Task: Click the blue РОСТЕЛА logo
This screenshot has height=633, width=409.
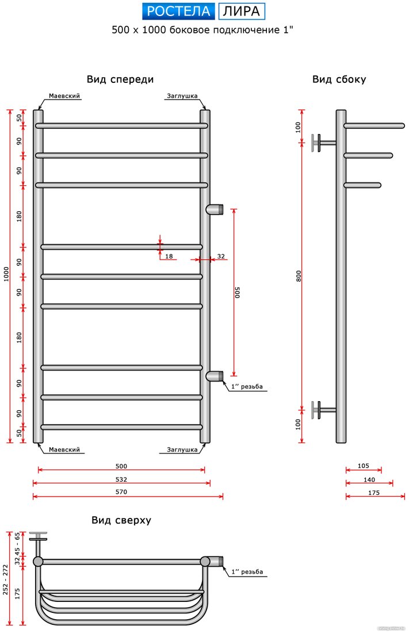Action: click(x=178, y=12)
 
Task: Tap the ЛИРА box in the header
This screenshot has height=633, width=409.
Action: click(x=242, y=12)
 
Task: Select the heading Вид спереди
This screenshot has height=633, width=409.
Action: click(x=120, y=79)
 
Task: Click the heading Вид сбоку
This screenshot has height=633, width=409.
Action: click(x=339, y=79)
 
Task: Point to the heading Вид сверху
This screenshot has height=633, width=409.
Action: click(x=121, y=520)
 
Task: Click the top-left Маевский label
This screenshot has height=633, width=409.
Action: click(x=64, y=96)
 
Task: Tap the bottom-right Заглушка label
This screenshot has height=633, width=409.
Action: click(x=182, y=449)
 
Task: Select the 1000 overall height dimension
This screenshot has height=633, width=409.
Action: click(x=6, y=274)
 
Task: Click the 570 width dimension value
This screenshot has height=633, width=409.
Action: click(x=121, y=491)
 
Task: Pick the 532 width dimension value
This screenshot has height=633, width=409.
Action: click(x=121, y=479)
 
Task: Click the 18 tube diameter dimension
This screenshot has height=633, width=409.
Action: click(x=169, y=256)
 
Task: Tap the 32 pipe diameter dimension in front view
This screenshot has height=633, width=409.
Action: click(x=221, y=256)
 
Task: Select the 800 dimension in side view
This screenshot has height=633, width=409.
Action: click(x=299, y=276)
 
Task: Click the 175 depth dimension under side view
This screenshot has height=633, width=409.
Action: click(x=374, y=493)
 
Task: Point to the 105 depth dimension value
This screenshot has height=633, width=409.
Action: click(x=364, y=466)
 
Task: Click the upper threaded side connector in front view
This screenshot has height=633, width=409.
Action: click(x=215, y=209)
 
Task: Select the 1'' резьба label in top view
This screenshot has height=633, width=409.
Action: click(x=247, y=571)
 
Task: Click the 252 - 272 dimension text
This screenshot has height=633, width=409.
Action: click(x=6, y=579)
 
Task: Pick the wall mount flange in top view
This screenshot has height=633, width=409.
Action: click(x=38, y=536)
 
